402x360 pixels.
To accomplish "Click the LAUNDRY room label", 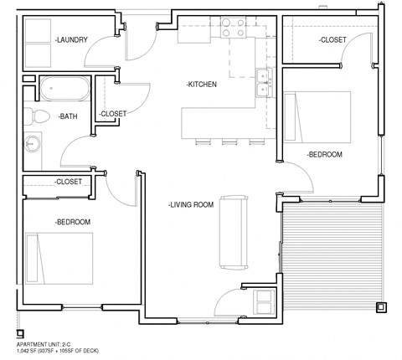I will coord(71,39).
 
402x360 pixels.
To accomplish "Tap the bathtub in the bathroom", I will coord(64,87).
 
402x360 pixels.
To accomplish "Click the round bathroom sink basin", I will coord(33,141).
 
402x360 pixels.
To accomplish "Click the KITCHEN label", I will coord(202,85).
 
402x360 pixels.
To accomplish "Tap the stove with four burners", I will coord(232,33).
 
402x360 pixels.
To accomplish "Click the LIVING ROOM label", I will coord(191,203).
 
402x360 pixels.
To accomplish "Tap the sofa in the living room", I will coord(231,228).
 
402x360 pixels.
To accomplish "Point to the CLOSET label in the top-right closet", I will coord(332,40).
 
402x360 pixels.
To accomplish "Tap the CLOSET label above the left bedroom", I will coord(68,182).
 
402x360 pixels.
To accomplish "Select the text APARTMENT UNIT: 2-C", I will coord(51,345).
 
